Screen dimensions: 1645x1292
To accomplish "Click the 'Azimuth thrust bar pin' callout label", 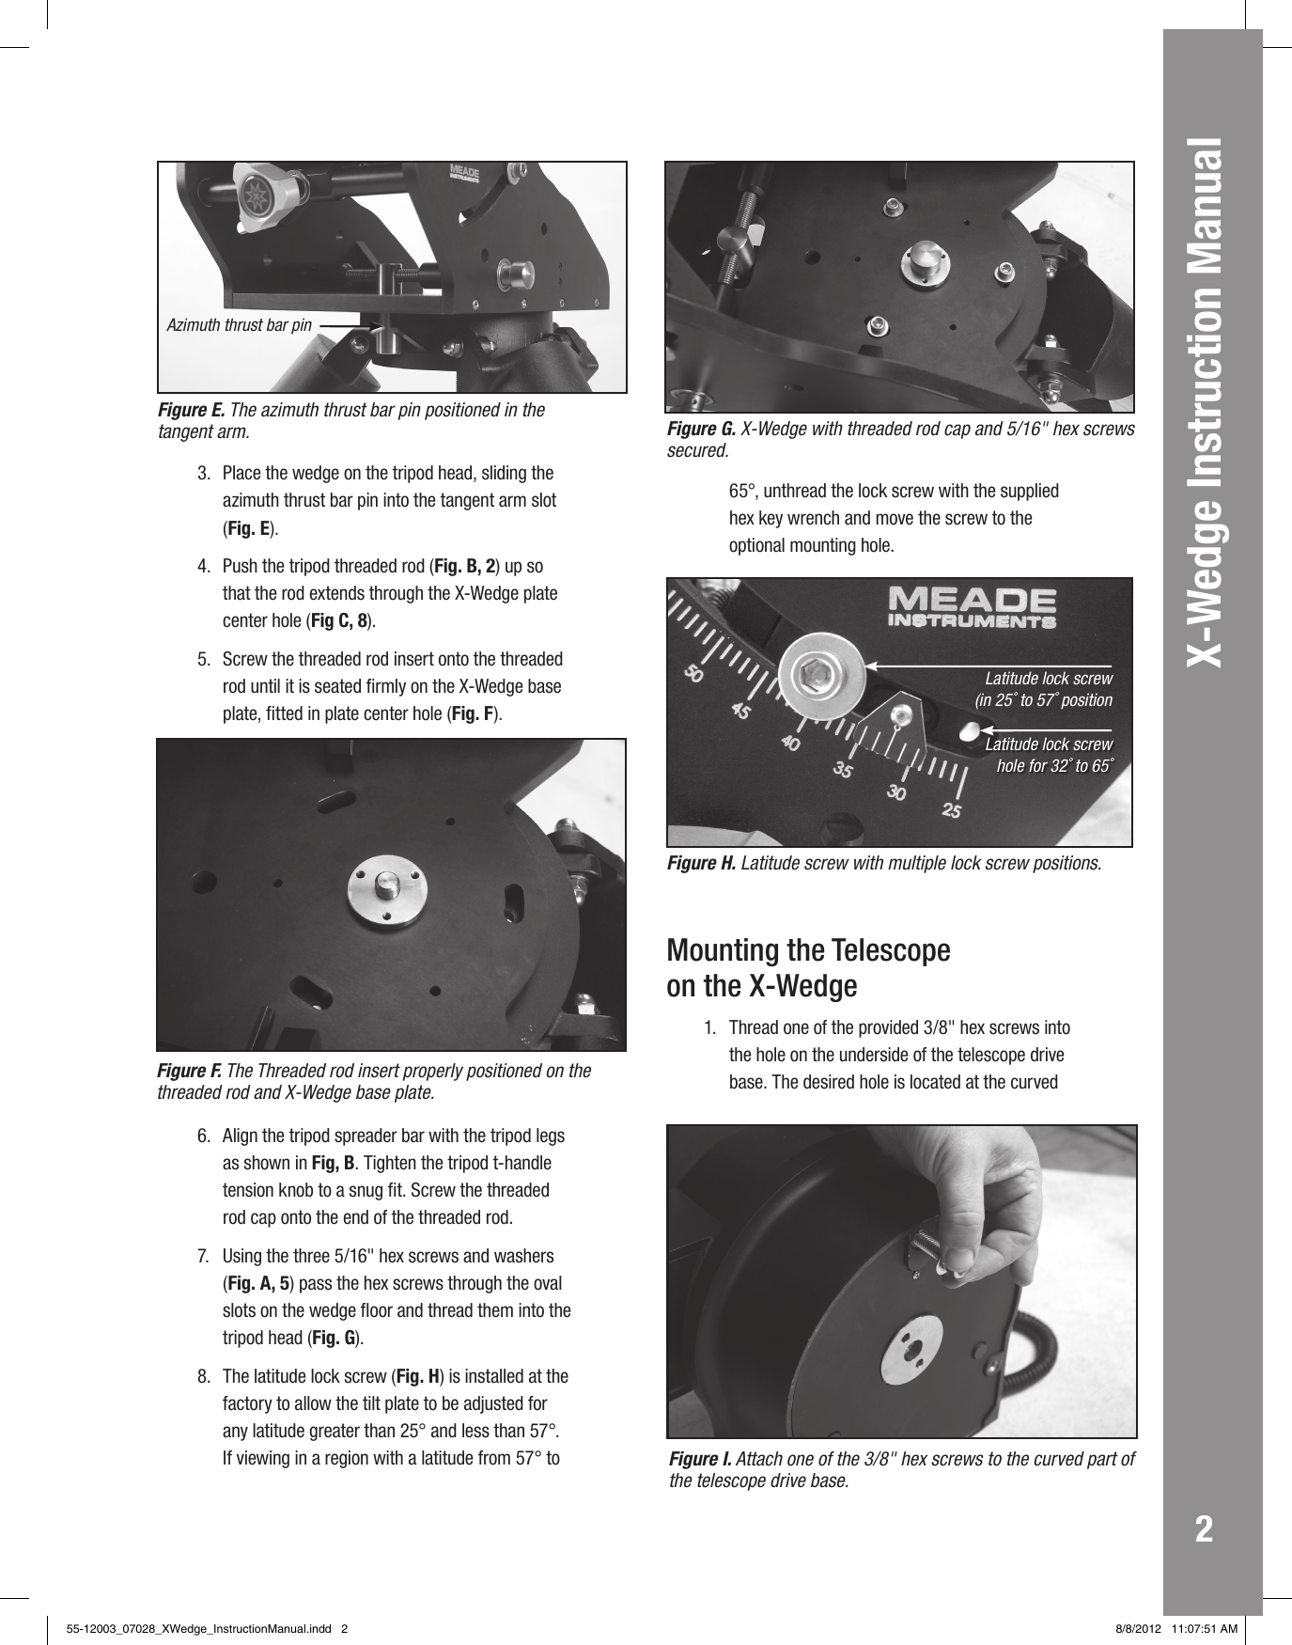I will [239, 325].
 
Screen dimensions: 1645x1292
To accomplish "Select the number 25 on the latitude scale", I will [951, 809].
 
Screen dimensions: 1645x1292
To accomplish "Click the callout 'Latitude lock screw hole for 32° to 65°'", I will [1049, 755].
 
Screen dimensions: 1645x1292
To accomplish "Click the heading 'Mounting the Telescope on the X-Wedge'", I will [808, 968].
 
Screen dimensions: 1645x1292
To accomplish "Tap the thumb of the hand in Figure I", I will [958, 1257].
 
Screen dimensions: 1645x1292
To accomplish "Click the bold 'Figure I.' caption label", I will [700, 1459].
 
